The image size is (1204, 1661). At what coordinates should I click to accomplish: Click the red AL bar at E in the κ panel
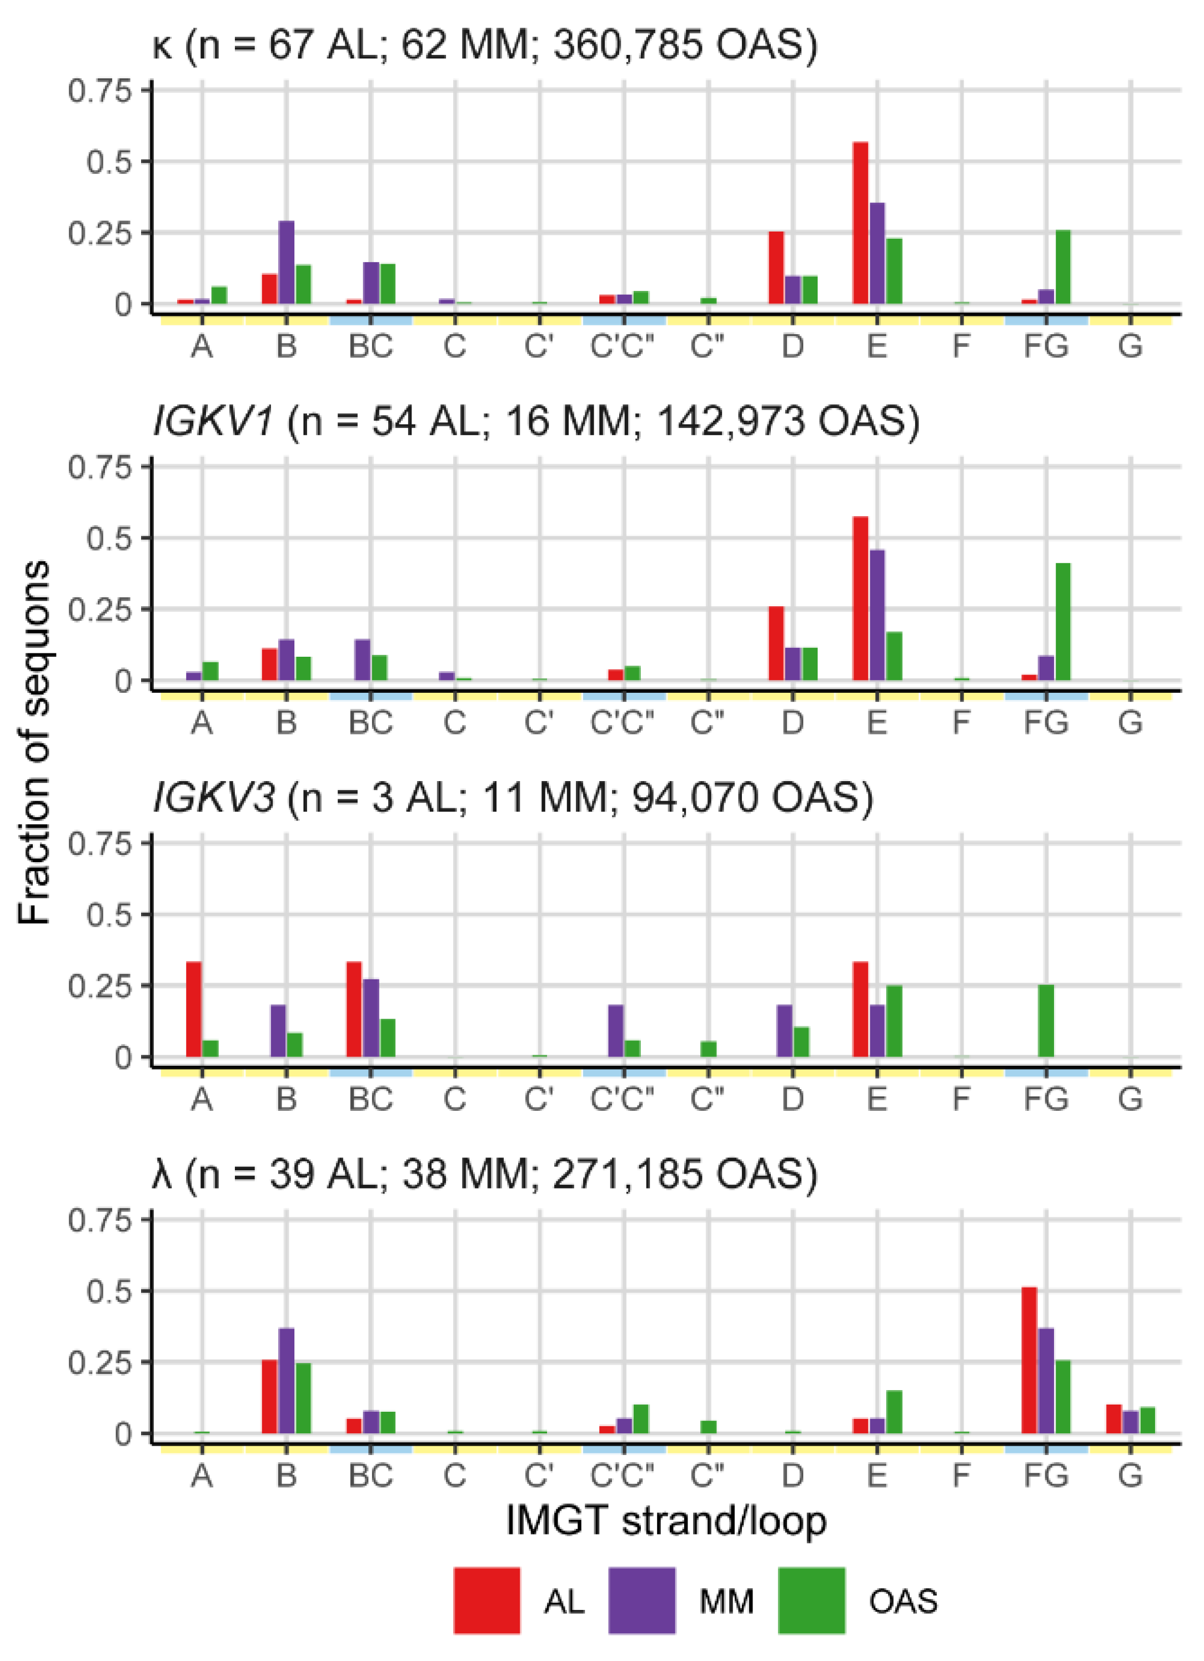860,223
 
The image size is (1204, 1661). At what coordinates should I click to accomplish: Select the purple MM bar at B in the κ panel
287,262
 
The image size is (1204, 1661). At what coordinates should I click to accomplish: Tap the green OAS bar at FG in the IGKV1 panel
1062,622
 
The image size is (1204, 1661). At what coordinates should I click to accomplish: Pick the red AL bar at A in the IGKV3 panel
193,1009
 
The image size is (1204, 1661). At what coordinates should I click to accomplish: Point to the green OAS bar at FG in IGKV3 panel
1046,1021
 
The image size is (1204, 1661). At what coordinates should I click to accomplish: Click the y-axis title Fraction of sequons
35,743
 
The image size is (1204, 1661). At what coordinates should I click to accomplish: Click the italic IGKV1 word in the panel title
213,422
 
